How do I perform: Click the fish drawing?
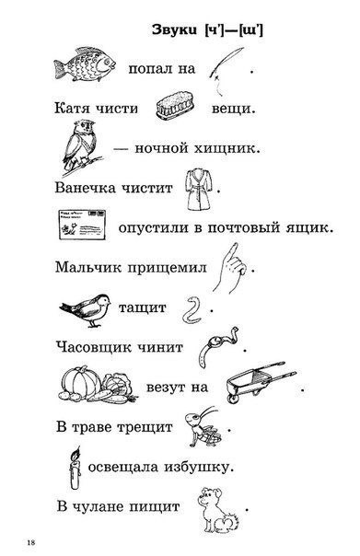pos(85,64)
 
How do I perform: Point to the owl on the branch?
pos(80,146)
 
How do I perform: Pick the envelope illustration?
pos(82,225)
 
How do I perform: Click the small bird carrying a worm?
pos(86,309)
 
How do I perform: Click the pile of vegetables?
pos(99,386)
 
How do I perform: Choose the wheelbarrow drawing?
pos(261,382)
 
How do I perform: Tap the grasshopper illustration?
pos(203,427)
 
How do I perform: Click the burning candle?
pos(75,468)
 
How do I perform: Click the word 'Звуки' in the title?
pos(174,29)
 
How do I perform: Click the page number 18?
pos(31,542)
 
